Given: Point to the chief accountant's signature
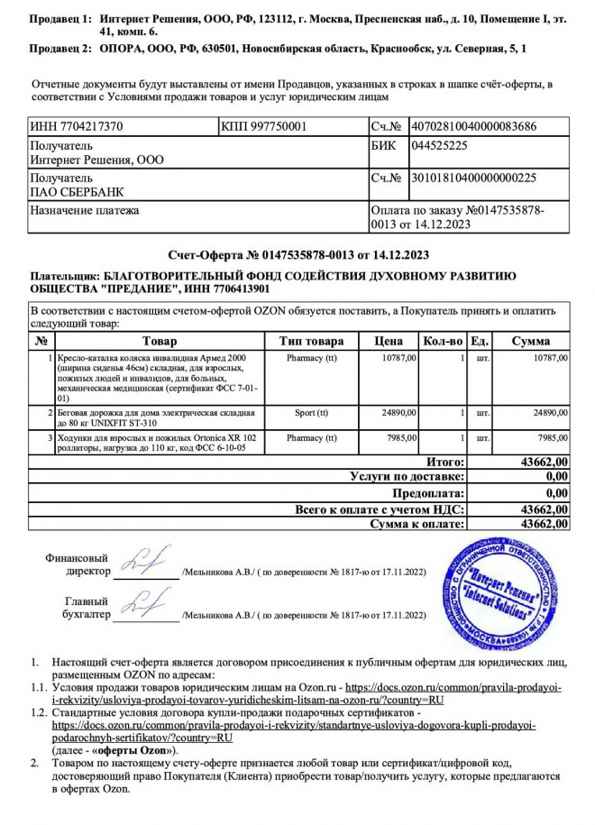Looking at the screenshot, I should click(x=144, y=604).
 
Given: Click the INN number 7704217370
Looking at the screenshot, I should click(x=77, y=127).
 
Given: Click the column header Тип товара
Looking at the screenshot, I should click(x=312, y=342).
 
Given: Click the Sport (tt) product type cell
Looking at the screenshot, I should click(x=312, y=412).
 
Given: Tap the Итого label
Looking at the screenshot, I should click(x=445, y=462).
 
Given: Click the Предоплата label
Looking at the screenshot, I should click(x=430, y=492).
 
